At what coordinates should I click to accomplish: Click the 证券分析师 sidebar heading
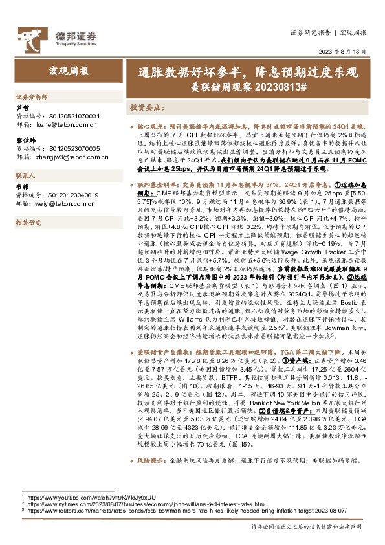click(x=32, y=96)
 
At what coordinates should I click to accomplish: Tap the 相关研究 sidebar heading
click(x=29, y=223)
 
